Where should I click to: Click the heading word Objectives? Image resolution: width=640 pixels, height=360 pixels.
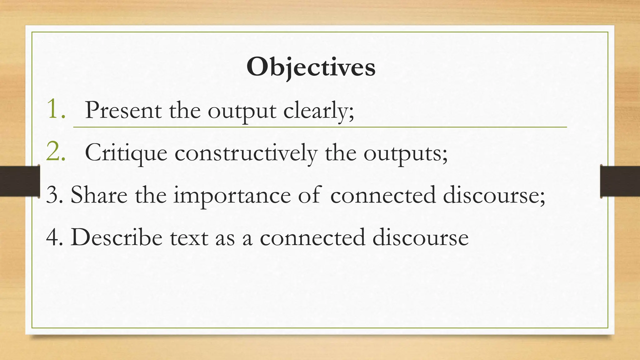pyautogui.click(x=311, y=67)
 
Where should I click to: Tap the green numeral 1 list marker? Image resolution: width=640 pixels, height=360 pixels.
pyautogui.click(x=56, y=109)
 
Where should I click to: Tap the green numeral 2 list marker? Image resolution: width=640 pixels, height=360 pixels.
pyautogui.click(x=56, y=152)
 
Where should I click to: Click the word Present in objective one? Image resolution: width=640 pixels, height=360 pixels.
pyautogui.click(x=123, y=110)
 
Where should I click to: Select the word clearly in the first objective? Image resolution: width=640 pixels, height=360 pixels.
pyautogui.click(x=318, y=111)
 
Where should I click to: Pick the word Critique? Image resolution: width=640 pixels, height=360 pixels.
pyautogui.click(x=126, y=153)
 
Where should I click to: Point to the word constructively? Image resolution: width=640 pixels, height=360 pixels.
pyautogui.click(x=246, y=153)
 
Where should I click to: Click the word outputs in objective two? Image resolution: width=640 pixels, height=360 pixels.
pyautogui.click(x=405, y=154)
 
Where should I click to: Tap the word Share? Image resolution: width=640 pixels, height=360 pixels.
pyautogui.click(x=99, y=195)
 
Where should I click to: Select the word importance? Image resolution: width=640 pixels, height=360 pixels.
pyautogui.click(x=232, y=196)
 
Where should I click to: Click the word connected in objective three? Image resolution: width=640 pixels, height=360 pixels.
pyautogui.click(x=383, y=195)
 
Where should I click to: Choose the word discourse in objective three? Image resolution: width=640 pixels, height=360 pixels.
pyautogui.click(x=494, y=195)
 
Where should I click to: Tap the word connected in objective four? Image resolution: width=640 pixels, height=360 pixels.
pyautogui.click(x=312, y=237)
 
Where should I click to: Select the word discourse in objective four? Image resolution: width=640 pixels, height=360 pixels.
pyautogui.click(x=420, y=237)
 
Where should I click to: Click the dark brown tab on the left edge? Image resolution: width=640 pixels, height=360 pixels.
pyautogui.click(x=19, y=181)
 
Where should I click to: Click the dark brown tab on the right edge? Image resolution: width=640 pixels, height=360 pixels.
pyautogui.click(x=620, y=181)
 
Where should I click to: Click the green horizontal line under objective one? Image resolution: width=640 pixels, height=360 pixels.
pyautogui.click(x=320, y=127)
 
